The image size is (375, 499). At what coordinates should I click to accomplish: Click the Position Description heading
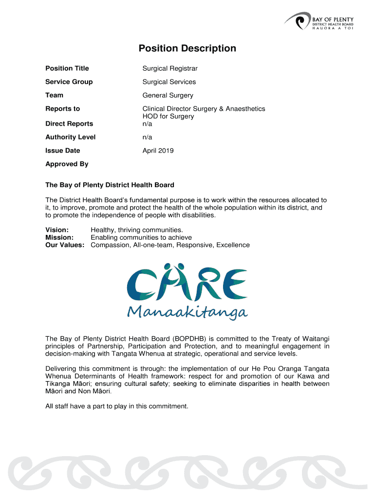[x=187, y=48]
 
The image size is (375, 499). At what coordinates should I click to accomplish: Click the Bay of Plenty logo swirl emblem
[x=298, y=21]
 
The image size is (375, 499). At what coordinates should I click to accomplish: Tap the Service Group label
[x=69, y=82]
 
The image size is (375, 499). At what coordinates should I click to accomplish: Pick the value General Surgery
[x=168, y=96]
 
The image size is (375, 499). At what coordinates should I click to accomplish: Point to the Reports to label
[x=62, y=109]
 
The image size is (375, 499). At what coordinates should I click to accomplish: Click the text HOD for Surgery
[x=168, y=116]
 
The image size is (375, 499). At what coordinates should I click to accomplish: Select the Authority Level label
[x=70, y=137]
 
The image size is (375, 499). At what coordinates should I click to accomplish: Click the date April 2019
[x=158, y=151]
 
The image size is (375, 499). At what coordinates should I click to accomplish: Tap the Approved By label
[x=67, y=164]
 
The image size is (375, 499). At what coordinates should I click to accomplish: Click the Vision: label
[x=57, y=230]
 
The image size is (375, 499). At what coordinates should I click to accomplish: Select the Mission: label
[x=59, y=238]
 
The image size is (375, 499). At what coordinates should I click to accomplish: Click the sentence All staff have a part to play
[x=116, y=406]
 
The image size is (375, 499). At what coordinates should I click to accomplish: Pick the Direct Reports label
[x=69, y=124]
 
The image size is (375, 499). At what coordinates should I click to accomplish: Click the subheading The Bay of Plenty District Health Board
[x=110, y=185]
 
